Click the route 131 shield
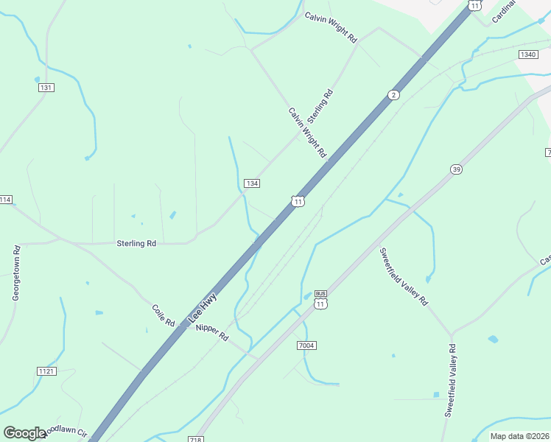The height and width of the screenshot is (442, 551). point(46,88)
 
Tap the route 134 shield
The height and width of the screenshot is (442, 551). point(252,183)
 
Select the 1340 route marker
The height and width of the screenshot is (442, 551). point(528,55)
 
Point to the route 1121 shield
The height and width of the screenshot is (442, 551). point(46,371)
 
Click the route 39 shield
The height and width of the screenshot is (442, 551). point(457,170)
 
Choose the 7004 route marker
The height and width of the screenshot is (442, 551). point(307,345)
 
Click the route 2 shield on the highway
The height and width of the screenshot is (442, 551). point(394,95)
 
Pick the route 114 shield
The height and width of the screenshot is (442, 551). point(6,200)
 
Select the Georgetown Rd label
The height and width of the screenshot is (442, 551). point(15,273)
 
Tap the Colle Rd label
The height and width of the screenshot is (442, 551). point(163,316)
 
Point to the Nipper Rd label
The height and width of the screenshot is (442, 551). point(212,332)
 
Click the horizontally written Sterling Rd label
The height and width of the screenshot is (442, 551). point(136,243)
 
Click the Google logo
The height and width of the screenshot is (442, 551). point(24,432)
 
